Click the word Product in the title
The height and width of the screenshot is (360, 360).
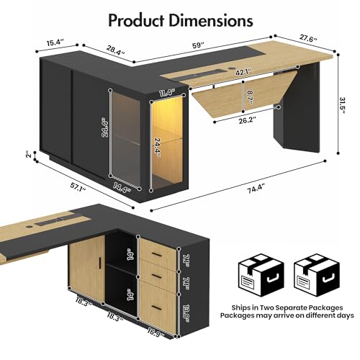coord(137,21)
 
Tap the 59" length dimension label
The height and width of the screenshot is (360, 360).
coord(198,45)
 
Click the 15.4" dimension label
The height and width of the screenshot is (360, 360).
coord(55,43)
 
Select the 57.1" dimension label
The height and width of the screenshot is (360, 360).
coord(78,186)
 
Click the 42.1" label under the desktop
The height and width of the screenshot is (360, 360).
coord(243,72)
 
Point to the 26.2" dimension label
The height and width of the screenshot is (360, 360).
coord(248,120)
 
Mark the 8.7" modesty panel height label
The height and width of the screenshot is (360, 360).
coord(250,97)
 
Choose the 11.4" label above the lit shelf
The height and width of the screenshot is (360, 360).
coord(167,93)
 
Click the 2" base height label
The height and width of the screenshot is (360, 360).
coord(29,155)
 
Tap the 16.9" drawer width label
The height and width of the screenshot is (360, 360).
coord(156,333)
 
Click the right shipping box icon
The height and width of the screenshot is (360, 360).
coord(317,276)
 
